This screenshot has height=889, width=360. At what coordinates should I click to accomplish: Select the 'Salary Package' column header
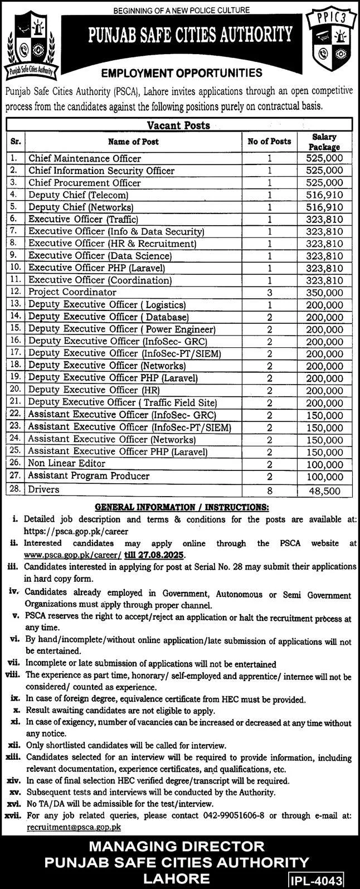point(326,142)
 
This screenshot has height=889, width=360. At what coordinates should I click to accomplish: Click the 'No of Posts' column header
point(269,142)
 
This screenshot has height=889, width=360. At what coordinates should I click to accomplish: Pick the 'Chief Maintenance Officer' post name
point(85,159)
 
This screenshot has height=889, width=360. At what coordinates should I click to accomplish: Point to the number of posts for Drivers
point(269,490)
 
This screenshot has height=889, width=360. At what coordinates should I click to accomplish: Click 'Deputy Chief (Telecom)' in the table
point(79,195)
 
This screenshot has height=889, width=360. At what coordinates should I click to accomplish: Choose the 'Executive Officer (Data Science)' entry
point(100,256)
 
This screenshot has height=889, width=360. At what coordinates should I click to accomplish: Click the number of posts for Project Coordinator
point(269,292)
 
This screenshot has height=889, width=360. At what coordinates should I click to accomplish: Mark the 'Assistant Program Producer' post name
point(89,476)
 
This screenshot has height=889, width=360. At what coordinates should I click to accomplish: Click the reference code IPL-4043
point(323,879)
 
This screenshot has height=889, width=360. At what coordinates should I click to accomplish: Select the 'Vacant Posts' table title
point(178,126)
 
